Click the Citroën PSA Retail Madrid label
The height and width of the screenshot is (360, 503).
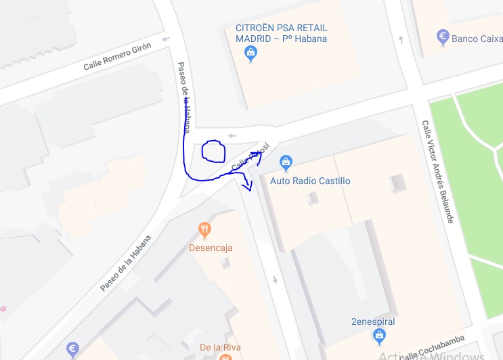click(x=281, y=33)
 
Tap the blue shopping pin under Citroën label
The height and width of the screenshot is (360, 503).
click(x=251, y=53)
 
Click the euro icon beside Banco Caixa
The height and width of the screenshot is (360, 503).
click(x=443, y=38)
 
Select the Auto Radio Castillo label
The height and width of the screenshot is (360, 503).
click(x=310, y=181)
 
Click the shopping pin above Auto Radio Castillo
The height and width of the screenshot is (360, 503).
click(x=286, y=162)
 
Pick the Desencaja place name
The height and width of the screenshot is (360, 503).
click(x=211, y=248)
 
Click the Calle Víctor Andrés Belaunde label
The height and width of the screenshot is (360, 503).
click(x=437, y=173)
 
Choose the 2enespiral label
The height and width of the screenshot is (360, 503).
click(x=373, y=321)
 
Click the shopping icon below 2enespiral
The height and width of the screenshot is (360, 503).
click(x=380, y=335)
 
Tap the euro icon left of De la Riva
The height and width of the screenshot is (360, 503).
click(x=73, y=349)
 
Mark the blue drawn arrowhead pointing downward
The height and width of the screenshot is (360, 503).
click(x=248, y=185)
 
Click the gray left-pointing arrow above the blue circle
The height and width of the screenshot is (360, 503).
click(x=232, y=135)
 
